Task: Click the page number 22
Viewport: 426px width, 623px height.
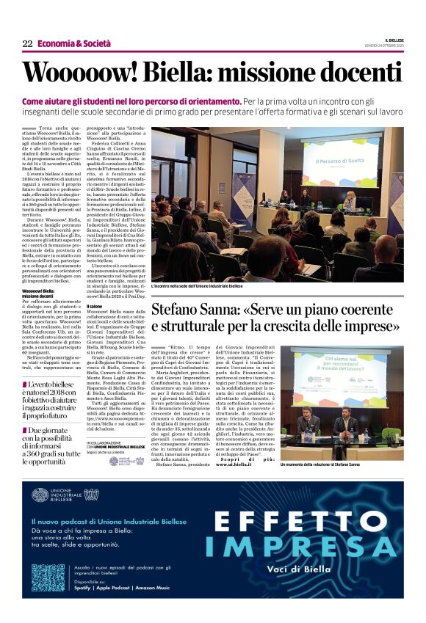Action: click(27, 44)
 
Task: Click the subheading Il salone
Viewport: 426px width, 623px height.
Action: click(94, 306)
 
